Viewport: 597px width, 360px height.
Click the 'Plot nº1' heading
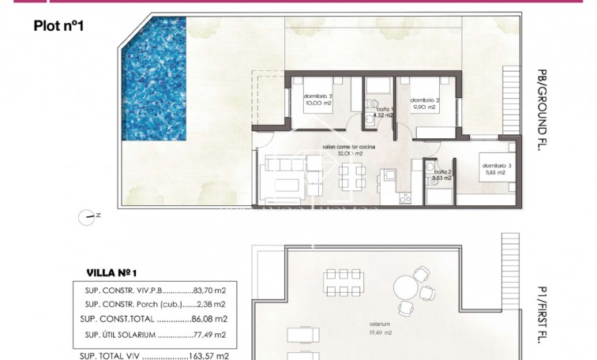pyautogui.click(x=58, y=26)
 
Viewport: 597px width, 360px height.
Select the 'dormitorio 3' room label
pyautogui.click(x=498, y=165)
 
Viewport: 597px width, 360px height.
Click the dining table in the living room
pyautogui.click(x=348, y=178)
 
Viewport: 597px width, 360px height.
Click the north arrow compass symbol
pyautogui.click(x=88, y=215)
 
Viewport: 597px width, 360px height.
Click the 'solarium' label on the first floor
pyautogui.click(x=366, y=324)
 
